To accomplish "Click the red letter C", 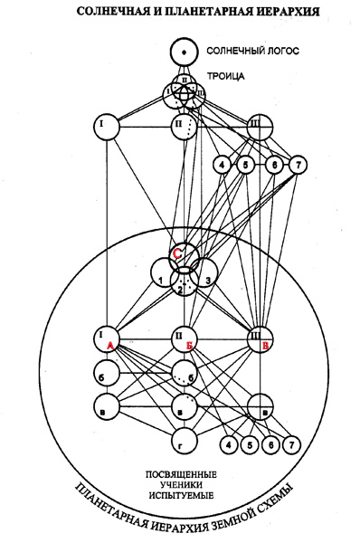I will (180, 256).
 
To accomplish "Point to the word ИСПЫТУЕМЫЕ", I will (185, 498).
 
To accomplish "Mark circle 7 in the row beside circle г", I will (290, 446).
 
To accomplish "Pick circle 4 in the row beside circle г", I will (231, 446).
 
